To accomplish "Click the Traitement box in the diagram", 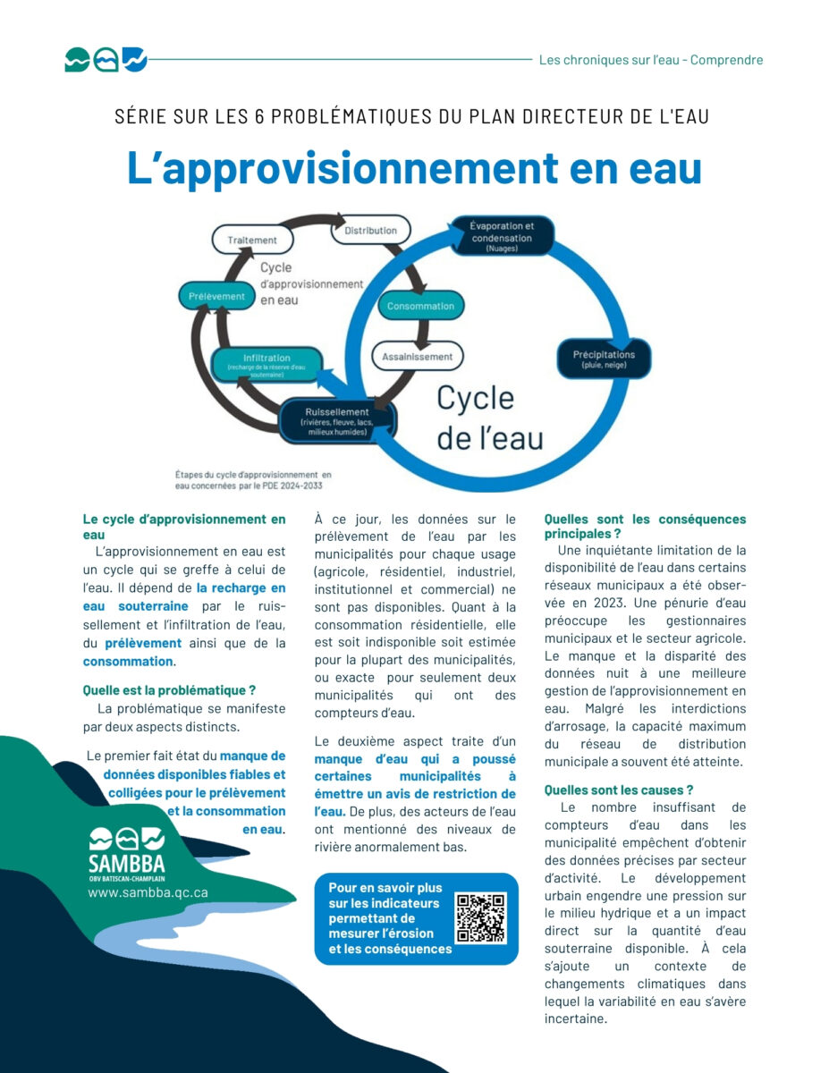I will (x=251, y=240).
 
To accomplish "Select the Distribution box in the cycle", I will (x=370, y=231).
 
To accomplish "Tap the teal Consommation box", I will (x=420, y=306).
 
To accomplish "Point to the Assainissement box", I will (x=417, y=356).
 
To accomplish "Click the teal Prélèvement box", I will (x=217, y=295).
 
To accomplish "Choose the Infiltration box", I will (x=266, y=363).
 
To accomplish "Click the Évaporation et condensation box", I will (x=501, y=236).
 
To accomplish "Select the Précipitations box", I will (x=604, y=359).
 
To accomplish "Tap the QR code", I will (x=480, y=918).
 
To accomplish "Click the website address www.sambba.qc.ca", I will (x=148, y=891).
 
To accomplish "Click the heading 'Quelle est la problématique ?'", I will (x=169, y=690).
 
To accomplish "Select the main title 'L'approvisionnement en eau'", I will (x=414, y=168).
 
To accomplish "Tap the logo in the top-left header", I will (x=105, y=60).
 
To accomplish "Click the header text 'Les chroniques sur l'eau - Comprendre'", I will (x=651, y=60).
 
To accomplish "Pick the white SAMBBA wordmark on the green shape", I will (x=127, y=864).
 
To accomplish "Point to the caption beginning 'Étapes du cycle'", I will (x=253, y=480).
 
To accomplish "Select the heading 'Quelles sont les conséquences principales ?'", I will (x=645, y=527).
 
